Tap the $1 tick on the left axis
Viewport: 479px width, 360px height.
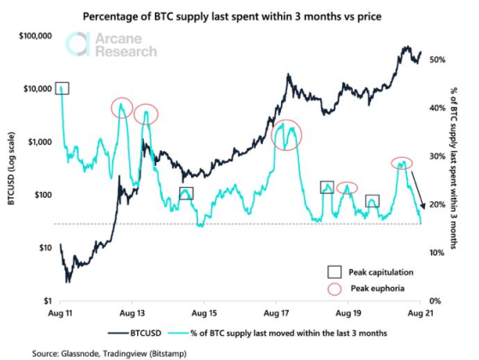[46, 301]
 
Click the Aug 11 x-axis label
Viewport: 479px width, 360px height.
[62, 315]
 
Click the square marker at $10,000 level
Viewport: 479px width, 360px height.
[63, 88]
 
